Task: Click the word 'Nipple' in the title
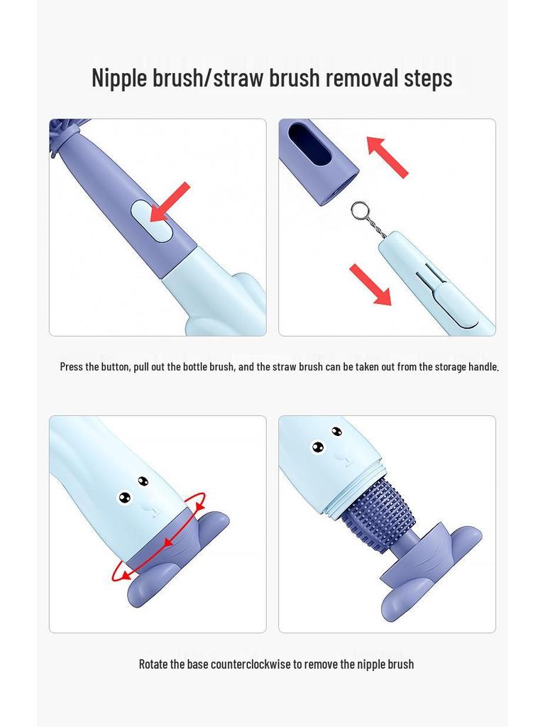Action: [120, 77]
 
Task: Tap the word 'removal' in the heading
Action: [360, 77]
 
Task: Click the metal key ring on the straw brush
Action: [360, 211]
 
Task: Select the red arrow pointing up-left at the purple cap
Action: [387, 157]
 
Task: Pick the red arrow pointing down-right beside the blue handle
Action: [370, 285]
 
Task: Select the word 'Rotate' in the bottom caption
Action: [153, 665]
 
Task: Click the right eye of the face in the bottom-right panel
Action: [336, 432]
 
